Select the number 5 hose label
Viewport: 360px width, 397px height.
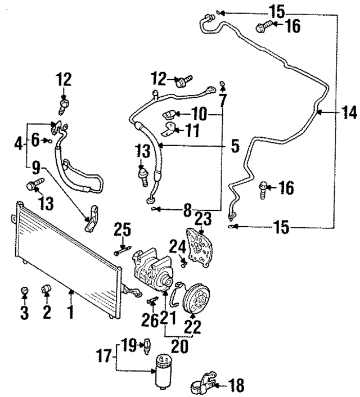pyautogui.click(x=235, y=147)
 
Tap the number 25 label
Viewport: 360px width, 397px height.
pyautogui.click(x=123, y=230)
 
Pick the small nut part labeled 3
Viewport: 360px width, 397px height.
pyautogui.click(x=24, y=291)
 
